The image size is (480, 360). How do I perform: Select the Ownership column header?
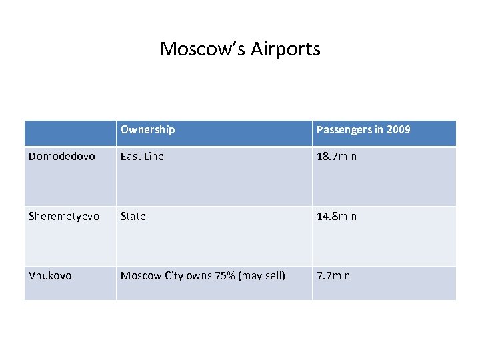147,129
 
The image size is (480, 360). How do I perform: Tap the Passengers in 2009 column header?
363,129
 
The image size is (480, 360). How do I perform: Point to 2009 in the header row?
399,129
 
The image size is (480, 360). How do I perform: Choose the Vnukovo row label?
51,275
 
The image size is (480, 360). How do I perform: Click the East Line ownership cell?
142,157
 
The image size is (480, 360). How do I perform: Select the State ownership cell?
133,216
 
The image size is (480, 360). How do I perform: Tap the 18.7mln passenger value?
337,157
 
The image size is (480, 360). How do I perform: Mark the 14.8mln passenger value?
337,216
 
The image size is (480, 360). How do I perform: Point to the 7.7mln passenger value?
333,275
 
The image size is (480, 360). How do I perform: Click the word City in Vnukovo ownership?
175,275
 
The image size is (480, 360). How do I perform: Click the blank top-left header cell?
70,133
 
